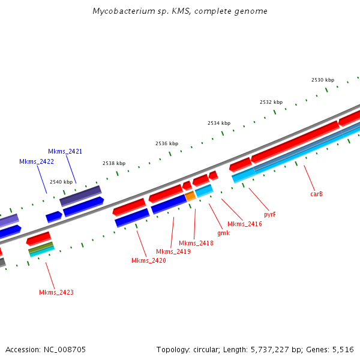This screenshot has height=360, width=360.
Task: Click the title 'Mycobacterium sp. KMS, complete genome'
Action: [180, 11]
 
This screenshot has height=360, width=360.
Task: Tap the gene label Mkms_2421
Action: [65, 151]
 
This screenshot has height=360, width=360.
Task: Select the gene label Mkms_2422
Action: [36, 161]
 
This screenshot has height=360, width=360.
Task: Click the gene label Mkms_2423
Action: [56, 292]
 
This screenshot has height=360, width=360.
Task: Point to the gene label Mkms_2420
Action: [149, 260]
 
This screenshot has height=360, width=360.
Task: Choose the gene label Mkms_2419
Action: [173, 251]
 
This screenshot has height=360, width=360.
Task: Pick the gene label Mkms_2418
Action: [196, 242]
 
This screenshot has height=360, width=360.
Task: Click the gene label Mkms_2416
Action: [244, 224]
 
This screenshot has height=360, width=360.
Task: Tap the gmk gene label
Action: [223, 233]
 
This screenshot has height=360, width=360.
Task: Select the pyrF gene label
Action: [270, 214]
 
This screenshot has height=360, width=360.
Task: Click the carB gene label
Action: [316, 194]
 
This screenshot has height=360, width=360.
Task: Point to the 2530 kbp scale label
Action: [322, 80]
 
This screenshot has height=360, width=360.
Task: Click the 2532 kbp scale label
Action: [271, 102]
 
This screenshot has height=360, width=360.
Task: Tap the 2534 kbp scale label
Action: [218, 123]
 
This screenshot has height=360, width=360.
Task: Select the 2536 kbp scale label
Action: [166, 143]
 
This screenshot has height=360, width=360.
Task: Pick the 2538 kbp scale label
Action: [114, 163]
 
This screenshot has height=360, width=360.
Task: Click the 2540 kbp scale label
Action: [61, 182]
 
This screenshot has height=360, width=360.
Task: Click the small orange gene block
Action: [190, 196]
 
